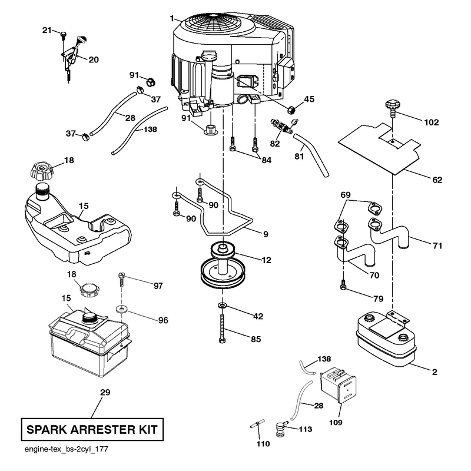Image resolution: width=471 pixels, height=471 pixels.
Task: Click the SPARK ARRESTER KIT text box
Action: click(x=92, y=429)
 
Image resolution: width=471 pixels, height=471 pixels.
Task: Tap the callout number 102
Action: click(x=432, y=122)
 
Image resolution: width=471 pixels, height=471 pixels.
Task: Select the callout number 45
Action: click(x=309, y=99)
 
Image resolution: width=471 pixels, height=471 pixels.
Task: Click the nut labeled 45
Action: click(x=291, y=110)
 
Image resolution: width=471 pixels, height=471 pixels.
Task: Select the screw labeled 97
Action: click(x=121, y=279)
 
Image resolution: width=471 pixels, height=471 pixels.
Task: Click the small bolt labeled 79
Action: click(x=343, y=284)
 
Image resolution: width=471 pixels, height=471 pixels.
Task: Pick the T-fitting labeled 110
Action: click(x=257, y=424)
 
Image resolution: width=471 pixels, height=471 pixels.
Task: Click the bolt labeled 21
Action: click(x=64, y=35)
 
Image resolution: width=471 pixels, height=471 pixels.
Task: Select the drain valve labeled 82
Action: click(x=282, y=127)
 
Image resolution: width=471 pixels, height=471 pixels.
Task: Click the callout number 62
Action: click(x=437, y=180)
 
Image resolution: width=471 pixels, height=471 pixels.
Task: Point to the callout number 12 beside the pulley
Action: click(x=266, y=260)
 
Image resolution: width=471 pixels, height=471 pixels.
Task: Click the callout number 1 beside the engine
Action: click(x=172, y=19)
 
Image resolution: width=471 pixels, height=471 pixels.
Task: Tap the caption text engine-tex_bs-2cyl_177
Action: click(x=66, y=449)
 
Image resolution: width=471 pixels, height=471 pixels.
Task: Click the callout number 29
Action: click(x=105, y=392)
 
